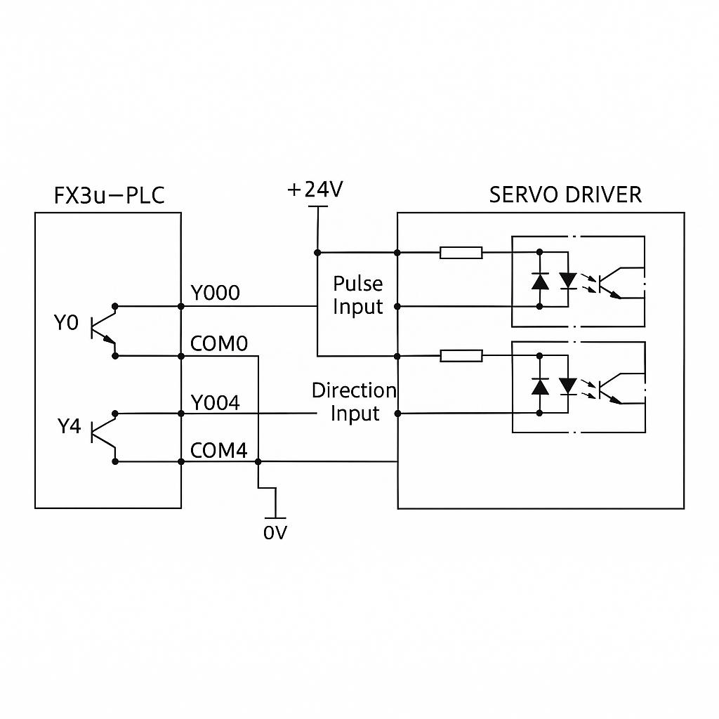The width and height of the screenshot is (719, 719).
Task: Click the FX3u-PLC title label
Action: click(x=109, y=194)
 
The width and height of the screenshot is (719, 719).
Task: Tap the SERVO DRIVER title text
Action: click(x=565, y=194)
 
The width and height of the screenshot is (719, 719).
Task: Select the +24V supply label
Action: click(x=315, y=190)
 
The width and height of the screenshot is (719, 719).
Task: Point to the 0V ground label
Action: click(x=275, y=533)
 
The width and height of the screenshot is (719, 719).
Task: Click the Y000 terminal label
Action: click(x=216, y=293)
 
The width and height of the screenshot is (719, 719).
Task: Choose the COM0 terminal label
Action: click(x=219, y=343)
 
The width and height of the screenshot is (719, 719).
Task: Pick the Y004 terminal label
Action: click(x=216, y=402)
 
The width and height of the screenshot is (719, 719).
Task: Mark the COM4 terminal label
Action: click(x=219, y=451)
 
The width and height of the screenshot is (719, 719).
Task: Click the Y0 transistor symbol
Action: click(x=103, y=330)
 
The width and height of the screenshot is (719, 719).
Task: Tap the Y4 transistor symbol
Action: click(x=103, y=435)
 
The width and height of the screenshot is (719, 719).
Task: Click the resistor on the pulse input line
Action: click(x=461, y=253)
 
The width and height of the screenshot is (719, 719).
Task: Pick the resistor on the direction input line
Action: click(x=461, y=357)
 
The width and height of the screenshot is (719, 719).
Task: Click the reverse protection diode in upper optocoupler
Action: click(x=540, y=281)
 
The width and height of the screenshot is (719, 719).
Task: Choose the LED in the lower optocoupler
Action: click(x=567, y=386)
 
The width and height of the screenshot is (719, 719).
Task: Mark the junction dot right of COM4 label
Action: click(x=258, y=461)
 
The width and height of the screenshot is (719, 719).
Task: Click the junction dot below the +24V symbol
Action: click(x=317, y=252)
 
